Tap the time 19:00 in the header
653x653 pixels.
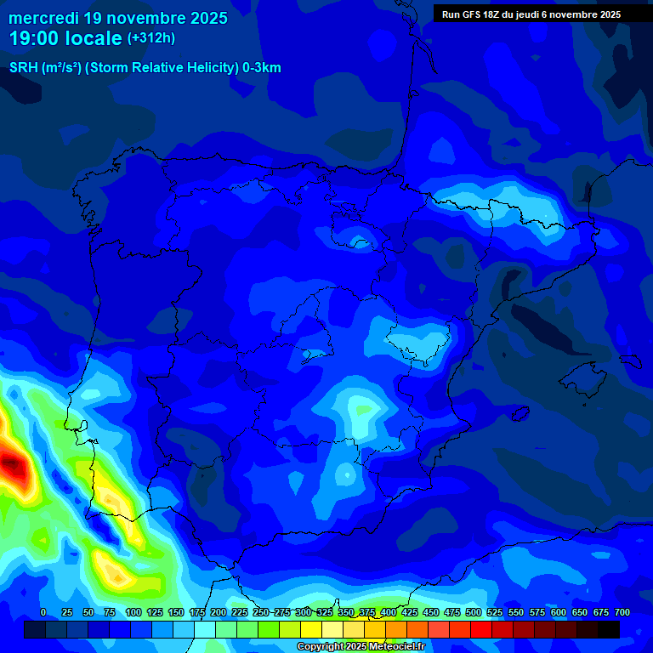(x=35, y=38)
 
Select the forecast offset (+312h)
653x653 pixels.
(x=151, y=38)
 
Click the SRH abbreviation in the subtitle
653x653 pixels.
(x=23, y=68)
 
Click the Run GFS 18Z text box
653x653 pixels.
(x=531, y=14)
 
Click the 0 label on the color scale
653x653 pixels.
(x=43, y=612)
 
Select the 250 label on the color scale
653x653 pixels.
(x=261, y=612)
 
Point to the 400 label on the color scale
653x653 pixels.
(x=389, y=612)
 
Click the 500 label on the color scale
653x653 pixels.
(x=474, y=612)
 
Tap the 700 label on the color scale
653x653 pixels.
(x=622, y=612)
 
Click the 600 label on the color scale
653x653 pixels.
(x=559, y=612)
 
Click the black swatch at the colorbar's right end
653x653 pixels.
(x=609, y=629)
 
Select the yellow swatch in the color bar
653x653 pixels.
(x=311, y=629)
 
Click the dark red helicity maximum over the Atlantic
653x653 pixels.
(x=12, y=464)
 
